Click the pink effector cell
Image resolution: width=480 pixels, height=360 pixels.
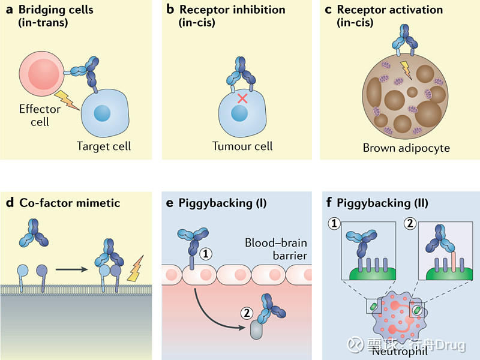[40, 74]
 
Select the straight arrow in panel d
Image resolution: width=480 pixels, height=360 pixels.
[70, 268]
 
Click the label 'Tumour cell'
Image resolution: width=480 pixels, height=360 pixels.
[242, 146]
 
